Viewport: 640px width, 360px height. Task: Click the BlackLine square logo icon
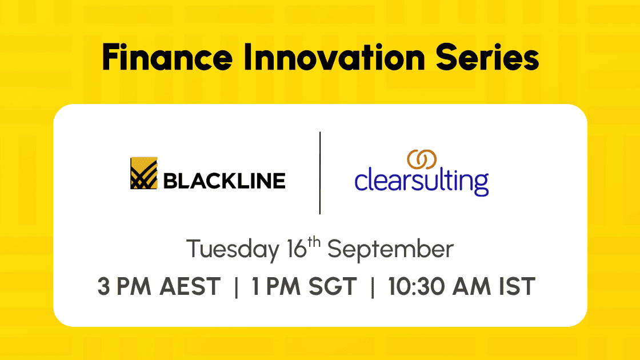pos(143,173)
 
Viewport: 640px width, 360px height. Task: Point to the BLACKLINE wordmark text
pos(224,181)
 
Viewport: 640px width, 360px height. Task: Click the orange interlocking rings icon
pos(422,159)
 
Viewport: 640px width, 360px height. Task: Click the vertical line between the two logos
pos(320,173)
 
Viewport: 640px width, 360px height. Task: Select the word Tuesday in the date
pos(233,249)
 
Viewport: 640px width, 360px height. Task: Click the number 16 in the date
pos(297,249)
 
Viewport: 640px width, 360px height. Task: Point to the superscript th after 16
pos(314,242)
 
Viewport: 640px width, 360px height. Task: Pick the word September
pos(391,249)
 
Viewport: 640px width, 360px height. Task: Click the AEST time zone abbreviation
pos(190,286)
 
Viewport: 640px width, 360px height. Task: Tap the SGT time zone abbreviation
pos(333,286)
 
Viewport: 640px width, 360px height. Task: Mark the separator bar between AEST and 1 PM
pos(237,287)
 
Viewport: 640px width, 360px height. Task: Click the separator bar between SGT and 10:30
pos(372,287)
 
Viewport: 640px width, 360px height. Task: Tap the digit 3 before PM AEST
pos(103,286)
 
